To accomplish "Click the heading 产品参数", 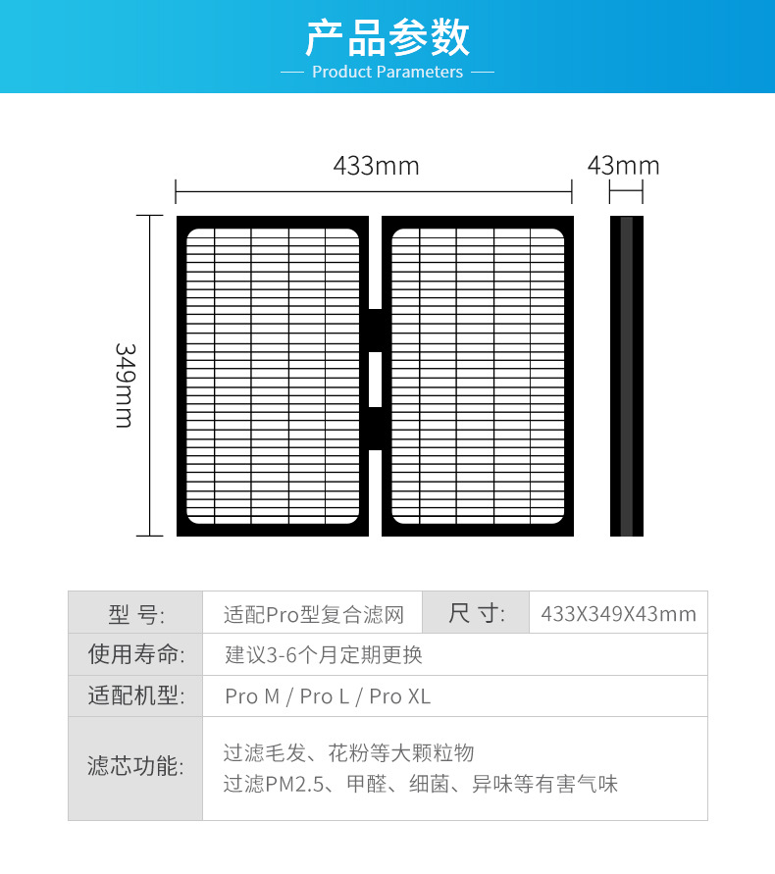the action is pyautogui.click(x=387, y=36).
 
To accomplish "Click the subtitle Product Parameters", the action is pyautogui.click(x=387, y=72).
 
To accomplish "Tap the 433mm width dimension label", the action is pyautogui.click(x=376, y=166).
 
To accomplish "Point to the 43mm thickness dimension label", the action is pyautogui.click(x=624, y=166).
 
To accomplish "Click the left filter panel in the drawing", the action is pyautogui.click(x=273, y=376).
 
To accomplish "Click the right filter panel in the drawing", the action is pyautogui.click(x=478, y=376).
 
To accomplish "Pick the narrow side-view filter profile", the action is pyautogui.click(x=627, y=376).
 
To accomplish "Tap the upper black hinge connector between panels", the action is pyautogui.click(x=375, y=330).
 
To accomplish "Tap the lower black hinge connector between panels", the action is pyautogui.click(x=375, y=428).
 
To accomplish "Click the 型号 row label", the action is pyautogui.click(x=135, y=614).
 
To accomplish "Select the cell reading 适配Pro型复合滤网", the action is pyautogui.click(x=313, y=615).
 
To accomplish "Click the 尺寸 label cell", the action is pyautogui.click(x=476, y=614).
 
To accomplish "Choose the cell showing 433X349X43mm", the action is pyautogui.click(x=618, y=615).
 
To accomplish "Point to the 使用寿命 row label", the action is pyautogui.click(x=135, y=654).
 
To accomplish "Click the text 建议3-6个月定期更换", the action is pyautogui.click(x=324, y=654).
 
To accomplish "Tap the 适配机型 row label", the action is pyautogui.click(x=135, y=696).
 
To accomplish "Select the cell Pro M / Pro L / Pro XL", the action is pyautogui.click(x=328, y=696).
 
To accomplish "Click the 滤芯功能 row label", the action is pyautogui.click(x=135, y=767).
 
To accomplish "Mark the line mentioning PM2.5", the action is pyautogui.click(x=420, y=784).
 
